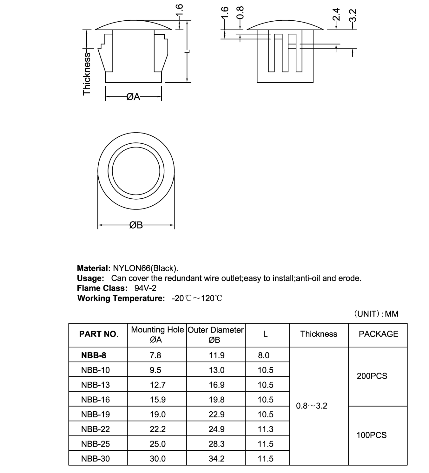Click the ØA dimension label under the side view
tap(133, 96)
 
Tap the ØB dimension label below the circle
tap(136, 225)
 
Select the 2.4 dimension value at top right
tap(337, 15)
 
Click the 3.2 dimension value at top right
tap(353, 15)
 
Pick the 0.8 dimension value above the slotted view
tap(240, 13)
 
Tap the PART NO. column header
tap(98, 334)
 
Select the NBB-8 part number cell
tap(94, 355)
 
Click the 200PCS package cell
tap(372, 376)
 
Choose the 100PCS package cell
tap(371, 435)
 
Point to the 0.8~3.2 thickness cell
tap(312, 406)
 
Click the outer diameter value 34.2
tap(217, 459)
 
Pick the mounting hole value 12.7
tap(158, 385)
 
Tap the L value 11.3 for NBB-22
tap(265, 429)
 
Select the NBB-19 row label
tap(96, 415)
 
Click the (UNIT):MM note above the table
tap(376, 314)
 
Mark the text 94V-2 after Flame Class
tap(145, 288)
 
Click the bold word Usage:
tap(90, 278)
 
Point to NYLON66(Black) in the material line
tap(145, 268)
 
